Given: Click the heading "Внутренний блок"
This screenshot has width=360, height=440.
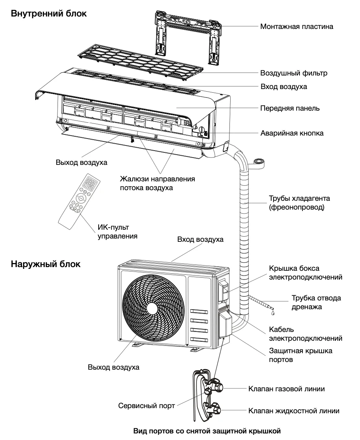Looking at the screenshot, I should point(49,14).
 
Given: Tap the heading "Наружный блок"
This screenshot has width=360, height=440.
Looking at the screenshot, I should point(45,264).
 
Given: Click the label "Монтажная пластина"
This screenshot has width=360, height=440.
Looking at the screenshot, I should point(297,26).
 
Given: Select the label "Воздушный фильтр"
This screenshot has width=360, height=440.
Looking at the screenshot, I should point(294,73).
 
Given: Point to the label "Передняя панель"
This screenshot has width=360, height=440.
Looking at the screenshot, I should point(290,108).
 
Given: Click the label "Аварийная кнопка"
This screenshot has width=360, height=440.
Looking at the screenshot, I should point(292,133).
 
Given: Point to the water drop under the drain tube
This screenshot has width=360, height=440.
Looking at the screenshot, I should point(272,313).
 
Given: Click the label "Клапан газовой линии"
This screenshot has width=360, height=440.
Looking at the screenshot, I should point(286,389).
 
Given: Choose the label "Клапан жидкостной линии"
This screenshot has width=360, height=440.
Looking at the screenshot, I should point(294,411).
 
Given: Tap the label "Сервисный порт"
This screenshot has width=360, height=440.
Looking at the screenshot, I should point(146,406).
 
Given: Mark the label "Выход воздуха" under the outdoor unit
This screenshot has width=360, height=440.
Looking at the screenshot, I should point(114,367).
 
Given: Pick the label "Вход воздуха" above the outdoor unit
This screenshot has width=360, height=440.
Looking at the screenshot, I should point(200,240).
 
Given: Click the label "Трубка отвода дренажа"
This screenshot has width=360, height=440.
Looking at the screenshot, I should point(316,302).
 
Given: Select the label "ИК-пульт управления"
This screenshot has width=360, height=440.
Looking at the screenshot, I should point(117,232).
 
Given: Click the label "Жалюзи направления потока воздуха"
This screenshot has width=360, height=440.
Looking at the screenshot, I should point(157,183).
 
